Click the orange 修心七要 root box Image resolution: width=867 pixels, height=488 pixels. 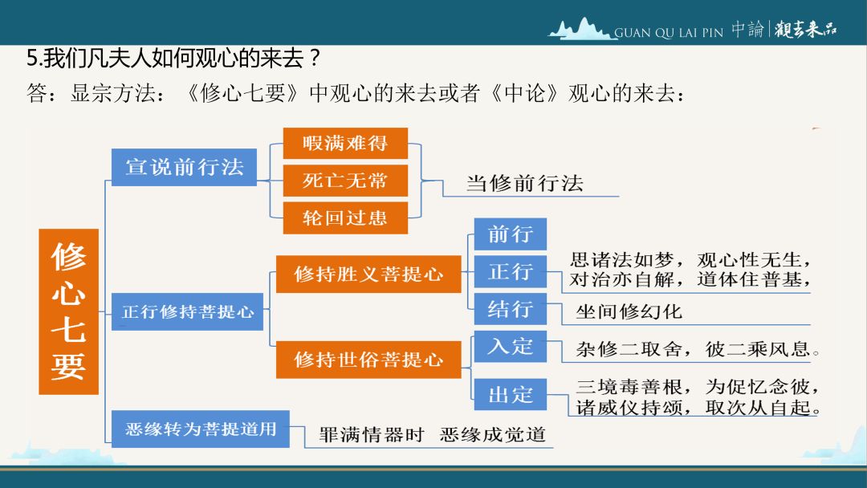click(x=68, y=311)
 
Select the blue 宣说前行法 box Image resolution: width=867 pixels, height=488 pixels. click(x=184, y=167)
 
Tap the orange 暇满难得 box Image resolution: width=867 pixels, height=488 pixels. click(x=345, y=143)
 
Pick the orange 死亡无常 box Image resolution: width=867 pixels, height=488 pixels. click(x=345, y=180)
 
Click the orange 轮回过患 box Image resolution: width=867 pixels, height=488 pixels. click(x=345, y=218)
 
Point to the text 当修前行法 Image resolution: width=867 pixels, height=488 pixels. click(x=525, y=183)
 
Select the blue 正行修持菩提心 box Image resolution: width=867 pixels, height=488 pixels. click(x=187, y=311)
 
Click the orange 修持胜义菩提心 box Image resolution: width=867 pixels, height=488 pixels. click(x=368, y=274)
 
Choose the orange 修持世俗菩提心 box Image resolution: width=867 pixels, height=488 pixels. click(x=368, y=360)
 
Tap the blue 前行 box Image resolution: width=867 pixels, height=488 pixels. click(x=511, y=234)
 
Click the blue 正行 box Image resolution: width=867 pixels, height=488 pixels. click(x=511, y=271)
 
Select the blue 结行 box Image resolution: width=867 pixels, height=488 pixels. click(x=511, y=308)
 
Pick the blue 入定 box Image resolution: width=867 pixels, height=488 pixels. click(x=511, y=347)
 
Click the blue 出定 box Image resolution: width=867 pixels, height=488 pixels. click(x=511, y=395)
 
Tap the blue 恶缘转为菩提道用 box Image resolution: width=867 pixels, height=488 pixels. click(x=201, y=429)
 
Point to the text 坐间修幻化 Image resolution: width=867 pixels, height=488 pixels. click(x=629, y=311)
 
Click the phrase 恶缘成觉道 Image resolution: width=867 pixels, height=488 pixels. click(x=493, y=434)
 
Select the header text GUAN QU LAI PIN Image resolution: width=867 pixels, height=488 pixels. click(x=669, y=33)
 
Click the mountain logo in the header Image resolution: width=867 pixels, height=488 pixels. click(x=580, y=29)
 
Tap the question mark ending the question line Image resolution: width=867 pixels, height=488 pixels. click(x=315, y=58)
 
